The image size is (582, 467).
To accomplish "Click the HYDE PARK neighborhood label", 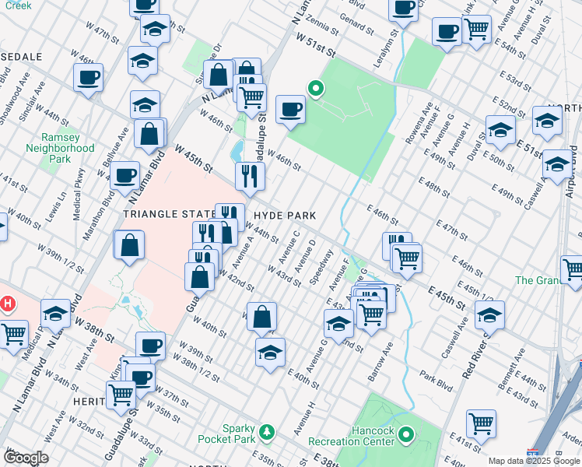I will pyautogui.click(x=282, y=215).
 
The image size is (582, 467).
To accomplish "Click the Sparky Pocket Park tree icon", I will pyautogui.click(x=267, y=431).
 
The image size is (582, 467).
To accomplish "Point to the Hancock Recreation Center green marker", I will pyautogui.click(x=405, y=434).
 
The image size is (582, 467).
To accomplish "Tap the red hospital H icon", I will pyautogui.click(x=9, y=303).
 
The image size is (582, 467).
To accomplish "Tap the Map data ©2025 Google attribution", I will pyautogui.click(x=534, y=461).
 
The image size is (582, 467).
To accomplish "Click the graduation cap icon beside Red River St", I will pyautogui.click(x=489, y=315).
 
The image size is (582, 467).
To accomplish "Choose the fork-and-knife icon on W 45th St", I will pyautogui.click(x=250, y=176).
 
